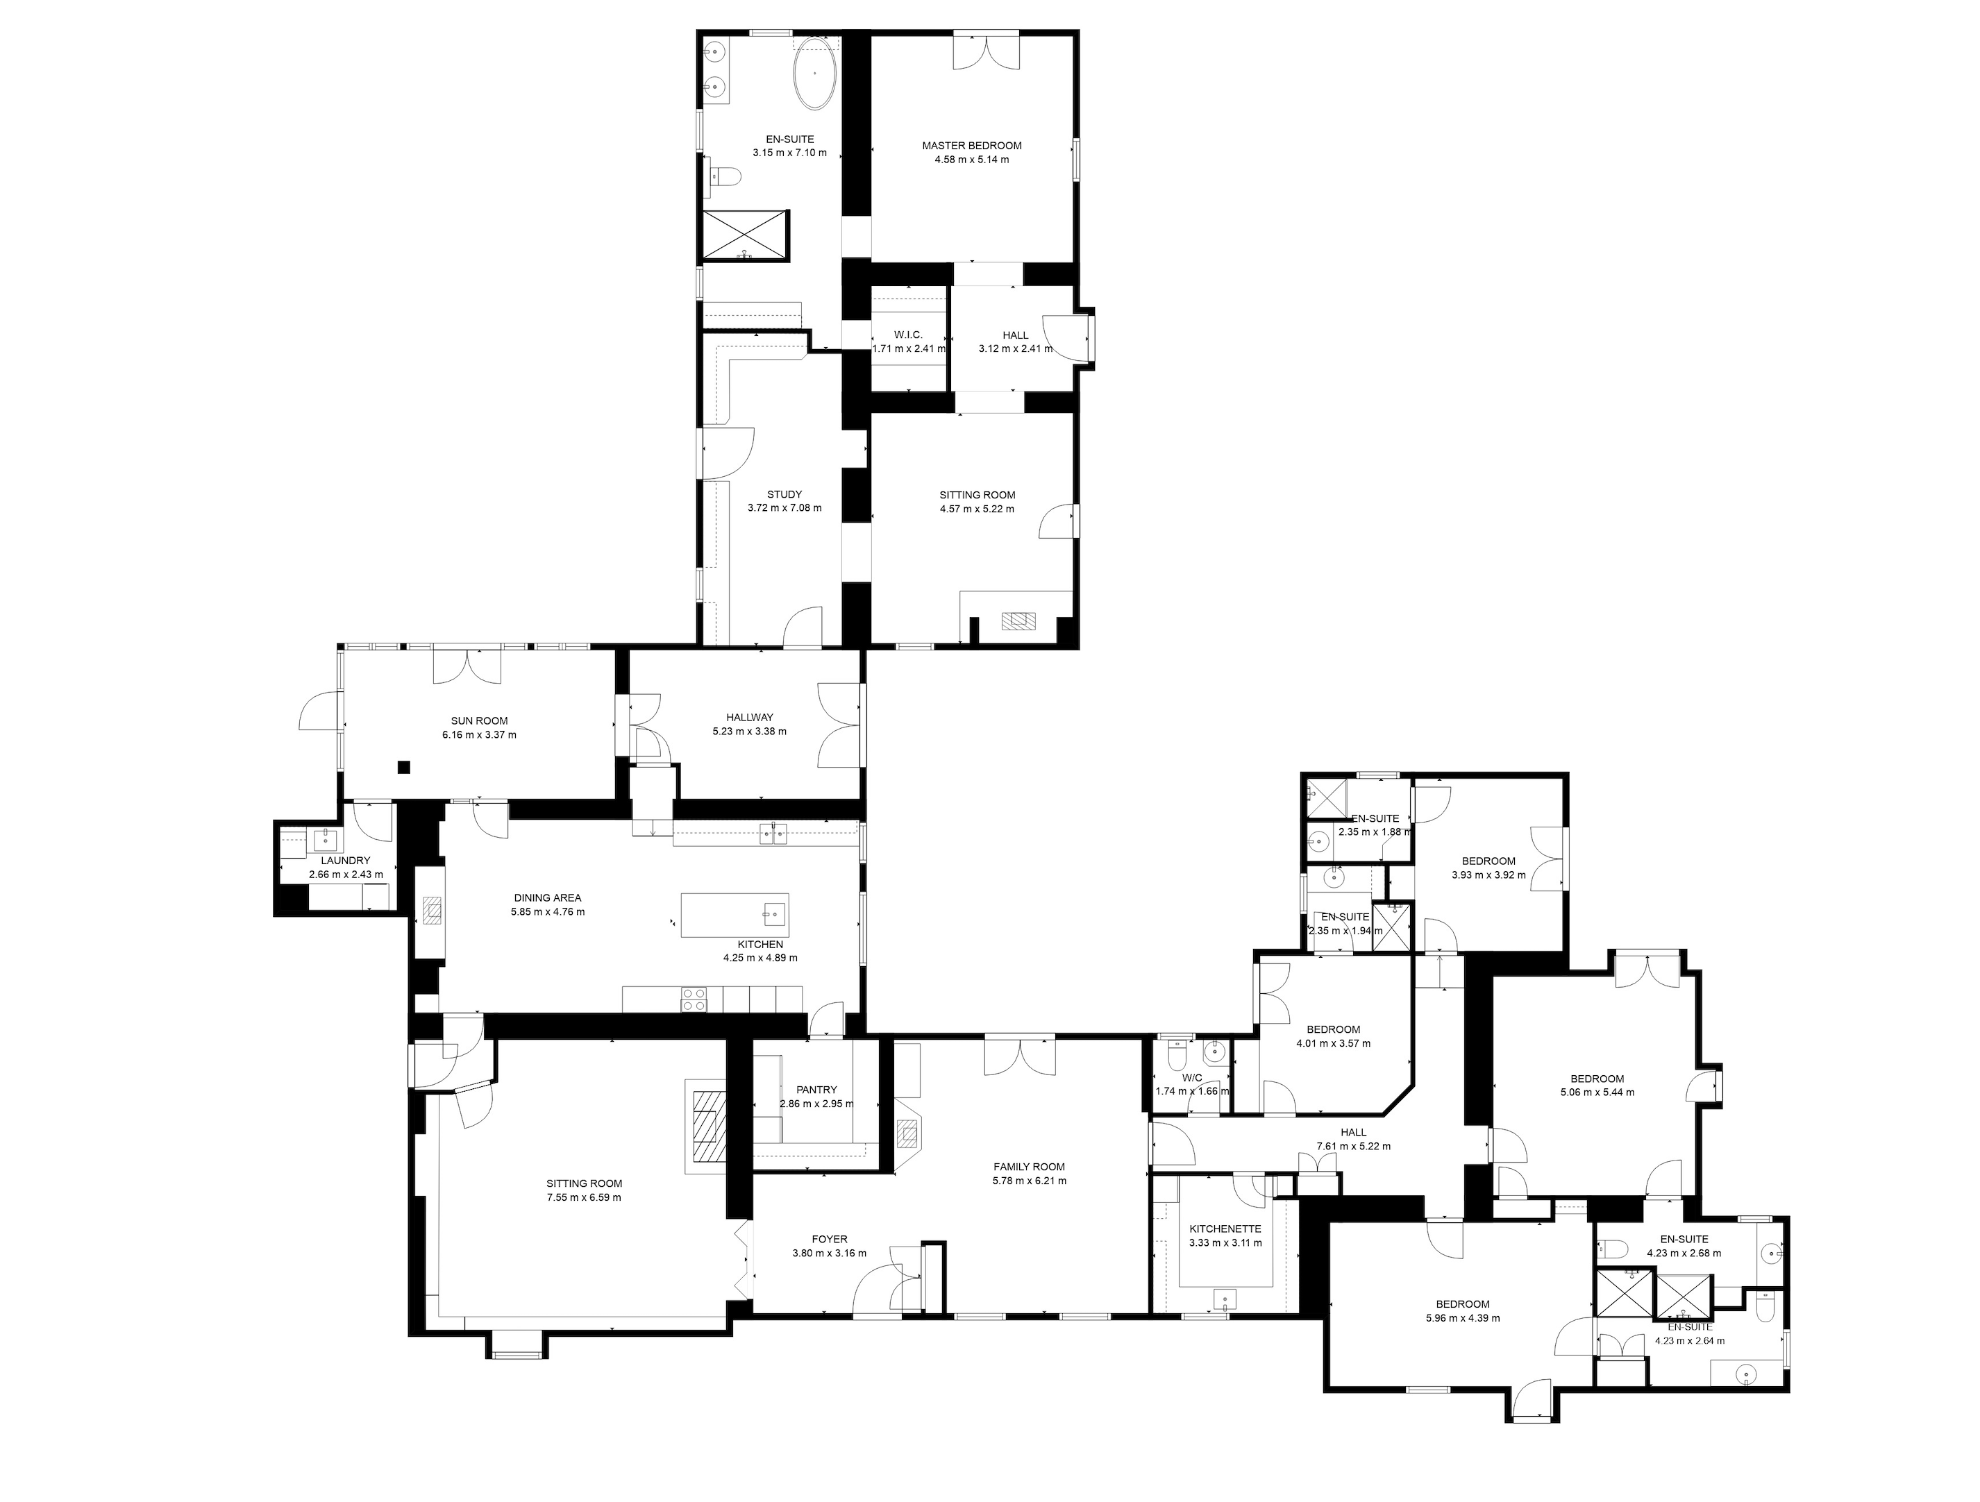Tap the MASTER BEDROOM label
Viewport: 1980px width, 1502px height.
(971, 146)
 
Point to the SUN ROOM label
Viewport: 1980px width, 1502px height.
(479, 720)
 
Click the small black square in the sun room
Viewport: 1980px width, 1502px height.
(405, 766)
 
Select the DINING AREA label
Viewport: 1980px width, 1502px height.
(548, 897)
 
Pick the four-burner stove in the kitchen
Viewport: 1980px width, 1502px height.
(694, 999)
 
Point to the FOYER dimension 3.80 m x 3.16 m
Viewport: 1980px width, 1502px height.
(829, 1253)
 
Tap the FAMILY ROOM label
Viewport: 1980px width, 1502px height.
(1030, 1167)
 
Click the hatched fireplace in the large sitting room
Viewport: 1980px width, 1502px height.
(707, 1125)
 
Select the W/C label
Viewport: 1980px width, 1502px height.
(1191, 1078)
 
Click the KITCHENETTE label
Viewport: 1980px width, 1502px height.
(1225, 1229)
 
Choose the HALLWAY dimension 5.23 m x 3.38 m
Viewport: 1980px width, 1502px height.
(749, 732)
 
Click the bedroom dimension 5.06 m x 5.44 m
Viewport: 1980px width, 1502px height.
(1597, 1092)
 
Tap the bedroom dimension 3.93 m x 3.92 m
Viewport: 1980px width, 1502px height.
(1488, 875)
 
